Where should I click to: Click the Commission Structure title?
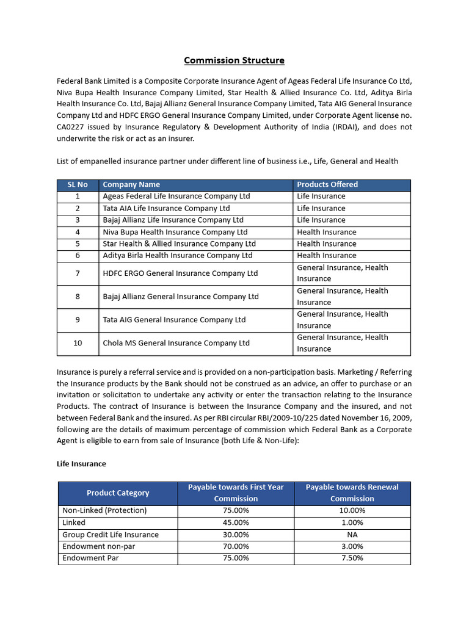234,60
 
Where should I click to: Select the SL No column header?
78,184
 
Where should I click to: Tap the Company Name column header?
131,184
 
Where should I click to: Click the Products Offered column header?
327,184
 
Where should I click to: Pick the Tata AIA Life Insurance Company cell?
166,208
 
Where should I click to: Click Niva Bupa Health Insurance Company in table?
175,232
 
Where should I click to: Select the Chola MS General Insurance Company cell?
176,343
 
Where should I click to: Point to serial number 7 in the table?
78,273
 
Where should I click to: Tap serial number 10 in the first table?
78,343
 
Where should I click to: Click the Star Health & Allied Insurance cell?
179,244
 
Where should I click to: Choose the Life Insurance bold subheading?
81,464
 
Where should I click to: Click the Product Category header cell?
118,493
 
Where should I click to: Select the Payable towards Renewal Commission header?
352,493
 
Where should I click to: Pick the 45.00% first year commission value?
236,522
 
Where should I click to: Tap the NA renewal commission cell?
352,535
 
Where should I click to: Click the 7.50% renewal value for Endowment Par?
352,558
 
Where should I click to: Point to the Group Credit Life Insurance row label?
111,535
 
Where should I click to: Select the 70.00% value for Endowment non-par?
236,546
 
